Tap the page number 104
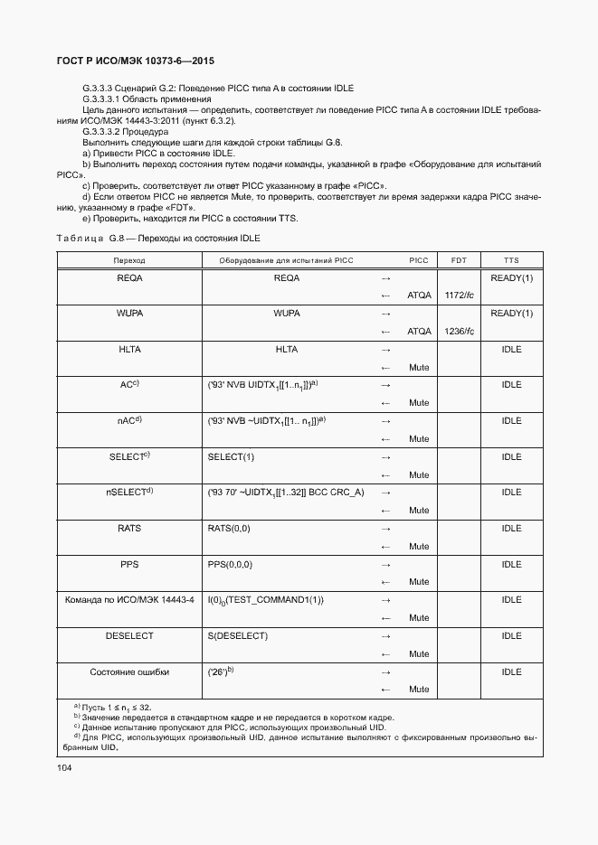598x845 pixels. point(65,767)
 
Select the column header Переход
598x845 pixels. point(129,259)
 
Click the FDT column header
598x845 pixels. point(459,259)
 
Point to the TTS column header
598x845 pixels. point(511,259)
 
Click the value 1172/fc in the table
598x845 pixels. point(460,296)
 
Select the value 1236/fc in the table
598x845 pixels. point(460,332)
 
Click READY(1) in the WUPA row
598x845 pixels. point(511,314)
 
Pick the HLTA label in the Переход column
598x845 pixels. point(129,349)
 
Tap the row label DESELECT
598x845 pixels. point(129,636)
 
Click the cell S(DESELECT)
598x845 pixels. point(237,636)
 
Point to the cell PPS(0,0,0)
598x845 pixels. point(230,564)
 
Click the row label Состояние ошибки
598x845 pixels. point(129,671)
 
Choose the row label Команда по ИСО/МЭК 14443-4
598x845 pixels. point(129,600)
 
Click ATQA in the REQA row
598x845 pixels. point(419,296)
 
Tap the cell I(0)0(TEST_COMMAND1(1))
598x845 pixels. point(266,600)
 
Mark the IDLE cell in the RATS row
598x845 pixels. point(511,529)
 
